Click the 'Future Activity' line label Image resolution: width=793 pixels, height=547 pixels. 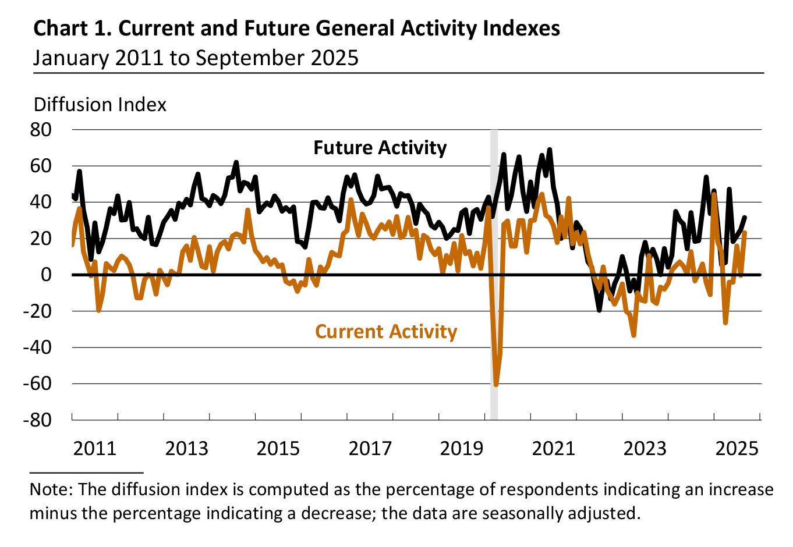(380, 148)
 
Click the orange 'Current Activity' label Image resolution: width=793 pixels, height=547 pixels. (386, 332)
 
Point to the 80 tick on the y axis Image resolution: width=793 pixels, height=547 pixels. (41, 129)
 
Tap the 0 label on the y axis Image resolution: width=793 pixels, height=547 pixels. (46, 275)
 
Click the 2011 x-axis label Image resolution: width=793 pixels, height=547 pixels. (95, 449)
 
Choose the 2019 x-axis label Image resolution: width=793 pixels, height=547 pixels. (461, 449)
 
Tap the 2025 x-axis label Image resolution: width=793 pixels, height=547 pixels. (737, 449)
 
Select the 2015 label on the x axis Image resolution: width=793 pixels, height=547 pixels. (278, 449)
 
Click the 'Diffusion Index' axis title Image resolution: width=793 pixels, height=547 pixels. (100, 105)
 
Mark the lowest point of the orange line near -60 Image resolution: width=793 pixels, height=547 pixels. (496, 385)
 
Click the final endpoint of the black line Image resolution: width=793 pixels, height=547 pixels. (745, 218)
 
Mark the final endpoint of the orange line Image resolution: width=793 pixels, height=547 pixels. (745, 233)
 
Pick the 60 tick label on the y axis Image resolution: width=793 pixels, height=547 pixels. (41, 166)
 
